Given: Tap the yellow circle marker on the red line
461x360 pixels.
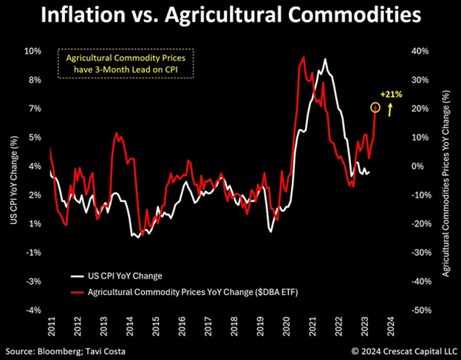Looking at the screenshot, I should tap(375, 108).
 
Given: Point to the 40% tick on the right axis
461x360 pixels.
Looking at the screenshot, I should tap(419, 51).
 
